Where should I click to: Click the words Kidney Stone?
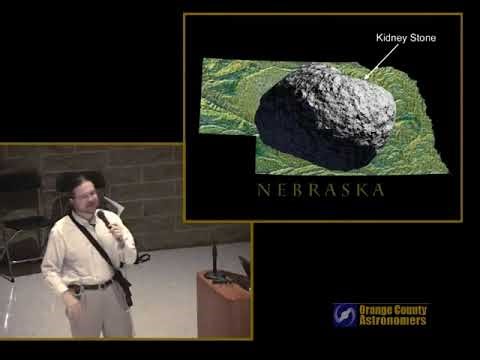[405, 38]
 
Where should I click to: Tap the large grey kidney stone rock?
[325, 114]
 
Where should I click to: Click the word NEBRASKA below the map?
[320, 190]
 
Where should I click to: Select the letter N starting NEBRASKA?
[262, 190]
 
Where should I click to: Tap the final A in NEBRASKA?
[378, 190]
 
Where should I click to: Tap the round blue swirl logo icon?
[345, 315]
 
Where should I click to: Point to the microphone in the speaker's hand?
[103, 217]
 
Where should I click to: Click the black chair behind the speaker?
[22, 215]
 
